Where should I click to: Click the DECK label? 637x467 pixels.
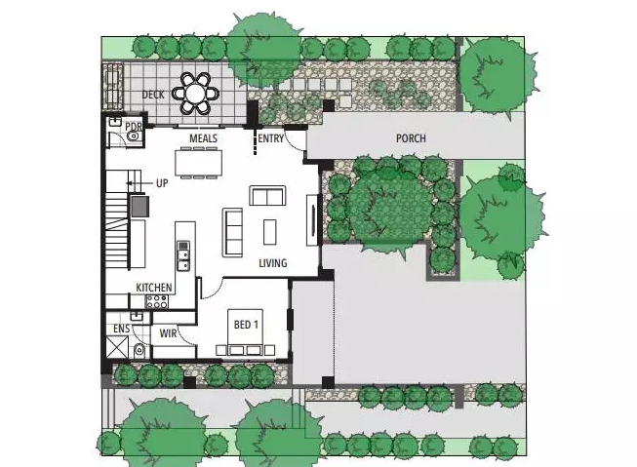pyautogui.click(x=153, y=95)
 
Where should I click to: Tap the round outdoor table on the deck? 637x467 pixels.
pyautogui.click(x=196, y=94)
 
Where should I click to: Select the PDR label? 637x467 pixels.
pyautogui.click(x=134, y=127)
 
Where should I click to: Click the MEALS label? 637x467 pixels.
pyautogui.click(x=203, y=138)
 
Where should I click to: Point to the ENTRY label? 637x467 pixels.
pyautogui.click(x=270, y=138)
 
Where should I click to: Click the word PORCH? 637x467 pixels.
pyautogui.click(x=411, y=138)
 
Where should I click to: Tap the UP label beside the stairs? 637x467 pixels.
pyautogui.click(x=162, y=183)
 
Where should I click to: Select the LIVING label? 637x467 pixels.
pyautogui.click(x=273, y=263)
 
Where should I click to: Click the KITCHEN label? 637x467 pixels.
pyautogui.click(x=154, y=288)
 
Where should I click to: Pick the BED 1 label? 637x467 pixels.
pyautogui.click(x=246, y=325)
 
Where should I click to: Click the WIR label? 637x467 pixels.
pyautogui.click(x=168, y=333)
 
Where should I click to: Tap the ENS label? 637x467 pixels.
pyautogui.click(x=122, y=329)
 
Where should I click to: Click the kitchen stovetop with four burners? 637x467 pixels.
pyautogui.click(x=157, y=301)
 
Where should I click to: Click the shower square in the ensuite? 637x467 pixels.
pyautogui.click(x=117, y=348)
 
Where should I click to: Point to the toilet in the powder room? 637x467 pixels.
pyautogui.click(x=133, y=137)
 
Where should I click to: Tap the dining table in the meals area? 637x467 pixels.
pyautogui.click(x=199, y=163)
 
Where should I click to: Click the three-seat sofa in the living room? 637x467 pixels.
pyautogui.click(x=233, y=233)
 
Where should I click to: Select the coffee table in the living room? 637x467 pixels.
pyautogui.click(x=270, y=232)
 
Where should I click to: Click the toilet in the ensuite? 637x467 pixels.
pyautogui.click(x=139, y=350)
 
